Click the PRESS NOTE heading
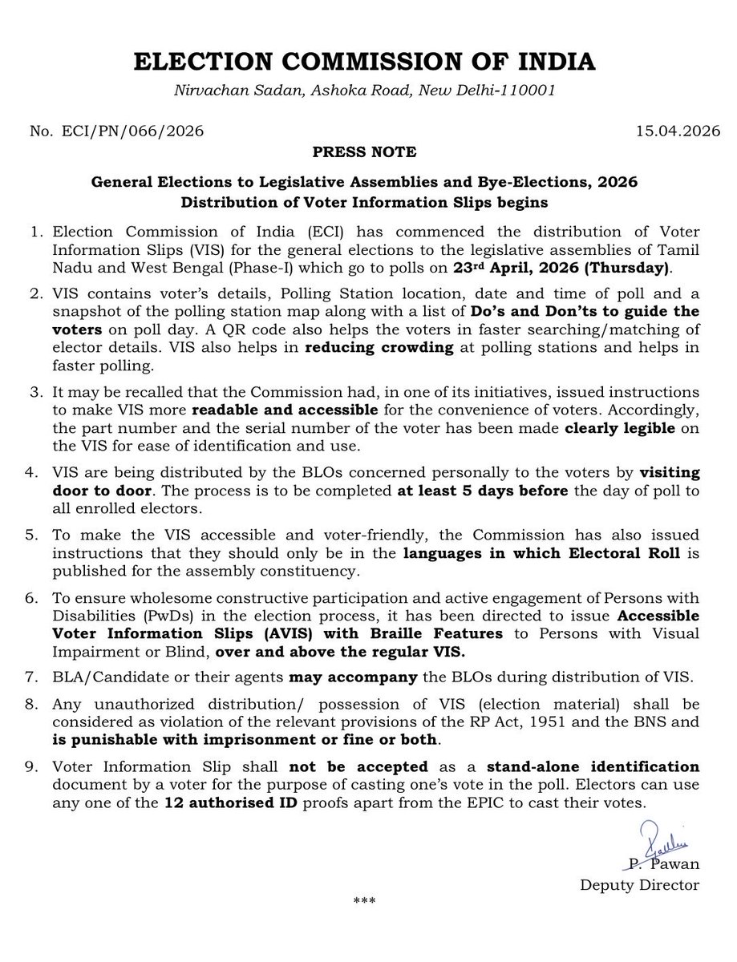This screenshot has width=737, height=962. coord(368,151)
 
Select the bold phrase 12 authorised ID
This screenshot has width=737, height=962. coord(227,802)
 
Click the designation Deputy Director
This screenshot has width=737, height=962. coord(640,885)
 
